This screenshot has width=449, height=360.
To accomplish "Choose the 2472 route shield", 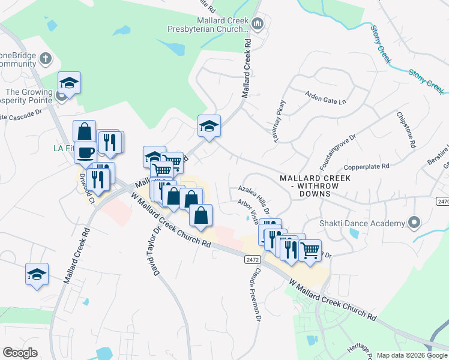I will [x=253, y=259].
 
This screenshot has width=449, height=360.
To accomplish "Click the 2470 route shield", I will [x=442, y=202].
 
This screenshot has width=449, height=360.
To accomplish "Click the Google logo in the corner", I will [x=20, y=353].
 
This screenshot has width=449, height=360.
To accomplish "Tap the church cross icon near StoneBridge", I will [x=46, y=59].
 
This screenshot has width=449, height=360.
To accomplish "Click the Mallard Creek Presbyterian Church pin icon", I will [x=258, y=24].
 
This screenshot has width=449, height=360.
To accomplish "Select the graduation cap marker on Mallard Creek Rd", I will [x=209, y=127].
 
